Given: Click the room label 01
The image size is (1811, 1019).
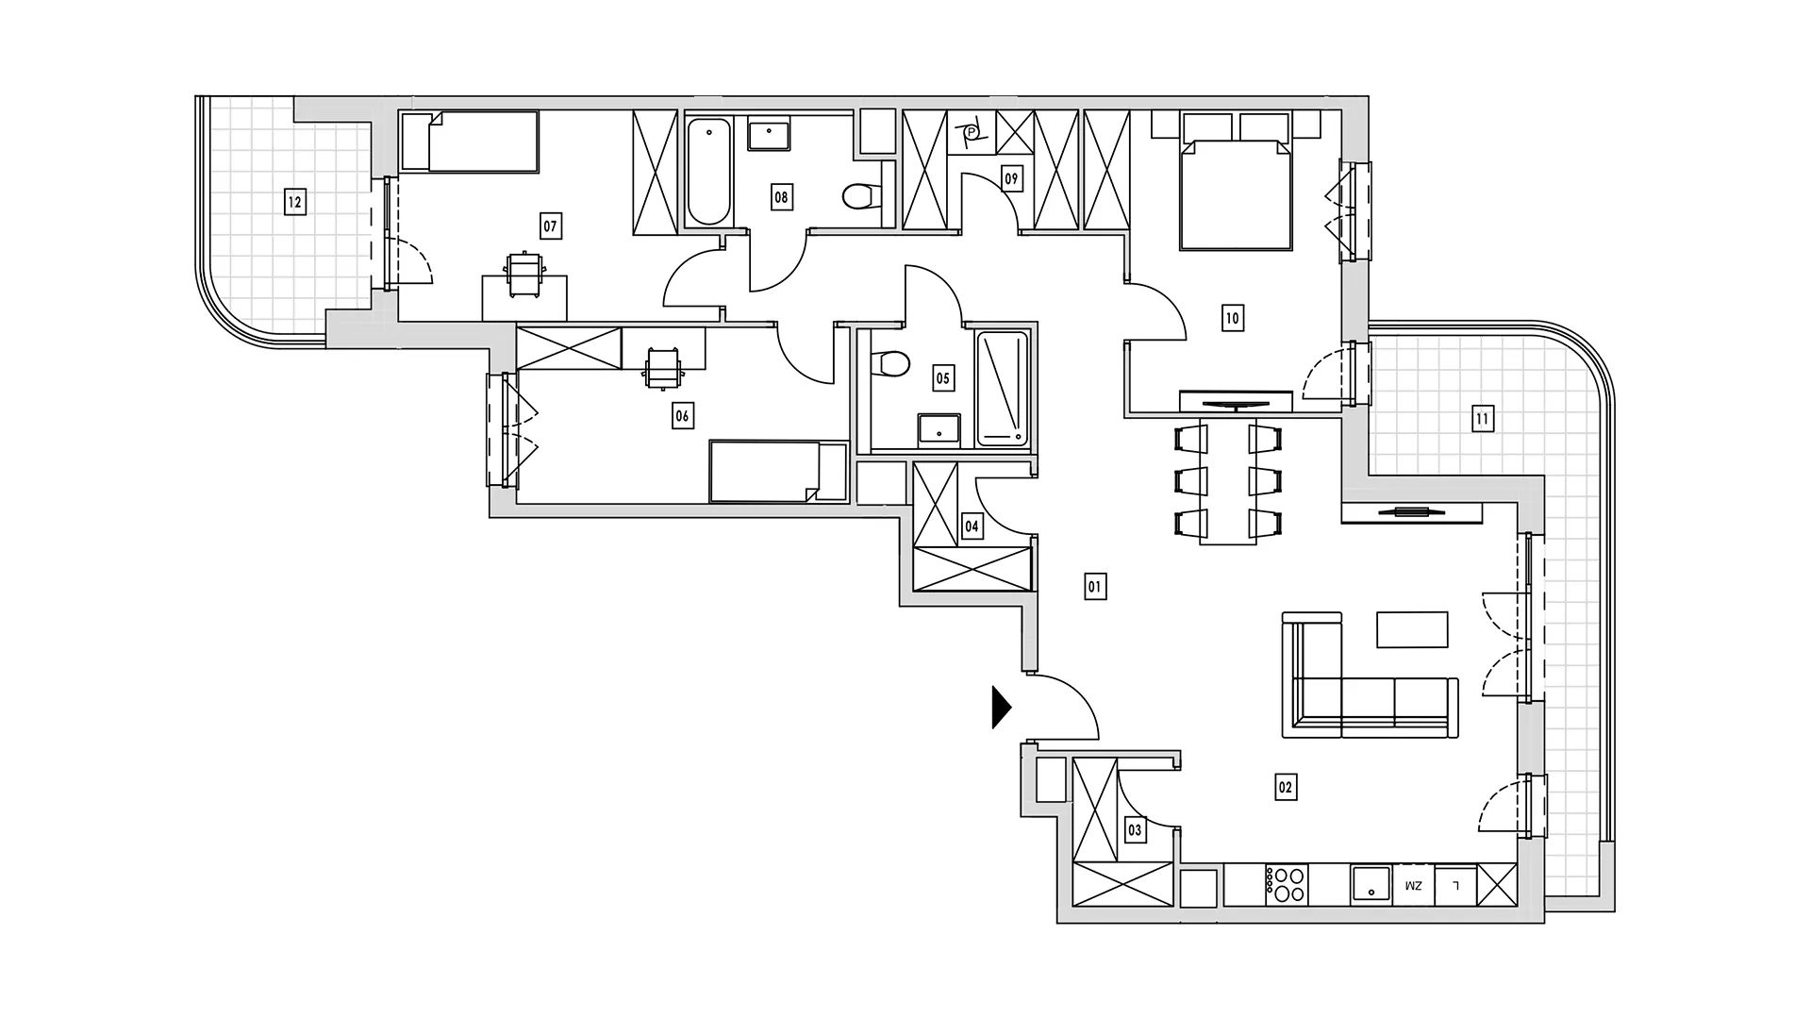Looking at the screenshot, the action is [1094, 587].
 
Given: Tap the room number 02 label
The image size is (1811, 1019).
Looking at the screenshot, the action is [1285, 787].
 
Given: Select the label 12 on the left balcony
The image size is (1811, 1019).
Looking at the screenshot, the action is [294, 201].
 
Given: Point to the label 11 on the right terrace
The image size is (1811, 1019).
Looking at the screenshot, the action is [1482, 419].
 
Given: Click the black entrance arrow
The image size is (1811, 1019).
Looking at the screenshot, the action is [1001, 707].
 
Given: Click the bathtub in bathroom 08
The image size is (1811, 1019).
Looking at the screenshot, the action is [708, 172].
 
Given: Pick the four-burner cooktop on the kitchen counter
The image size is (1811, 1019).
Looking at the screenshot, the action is [1286, 886].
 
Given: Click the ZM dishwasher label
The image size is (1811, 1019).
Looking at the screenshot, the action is [1412, 886].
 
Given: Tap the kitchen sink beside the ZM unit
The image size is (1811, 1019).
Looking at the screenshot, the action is [1371, 885].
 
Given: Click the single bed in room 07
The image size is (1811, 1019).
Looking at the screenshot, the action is [469, 142].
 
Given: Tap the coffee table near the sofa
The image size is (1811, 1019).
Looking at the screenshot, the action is [1412, 629].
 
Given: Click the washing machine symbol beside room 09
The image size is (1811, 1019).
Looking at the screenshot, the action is [971, 131].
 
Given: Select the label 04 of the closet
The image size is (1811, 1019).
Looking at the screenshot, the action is [972, 526].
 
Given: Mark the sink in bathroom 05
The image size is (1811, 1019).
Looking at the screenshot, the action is [939, 429].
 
